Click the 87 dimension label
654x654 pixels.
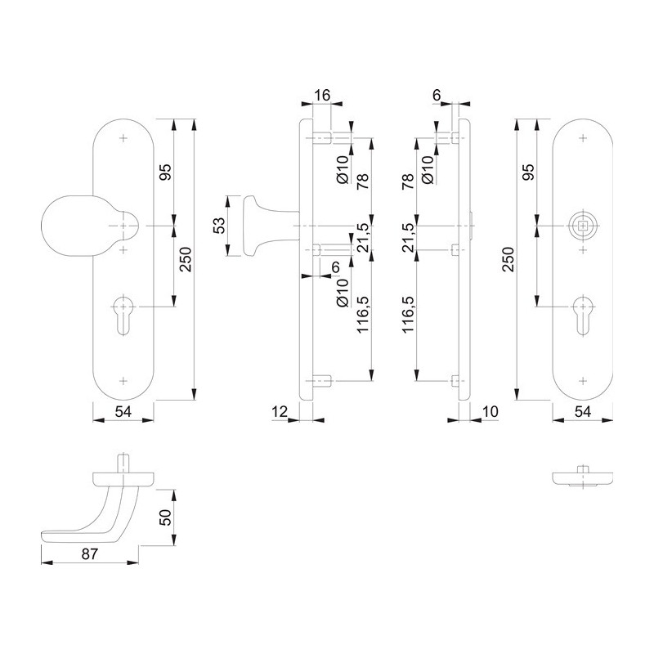click(90, 554)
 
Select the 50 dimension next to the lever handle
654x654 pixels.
click(166, 517)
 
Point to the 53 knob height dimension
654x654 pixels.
click(220, 226)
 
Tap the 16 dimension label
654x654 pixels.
click(322, 95)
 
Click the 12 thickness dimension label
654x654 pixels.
click(280, 412)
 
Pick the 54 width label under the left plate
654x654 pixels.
click(123, 412)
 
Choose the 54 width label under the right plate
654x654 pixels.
click(583, 412)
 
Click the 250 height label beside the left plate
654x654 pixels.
click(186, 259)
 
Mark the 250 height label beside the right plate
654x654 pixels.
click(508, 259)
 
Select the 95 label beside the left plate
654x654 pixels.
click(166, 172)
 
